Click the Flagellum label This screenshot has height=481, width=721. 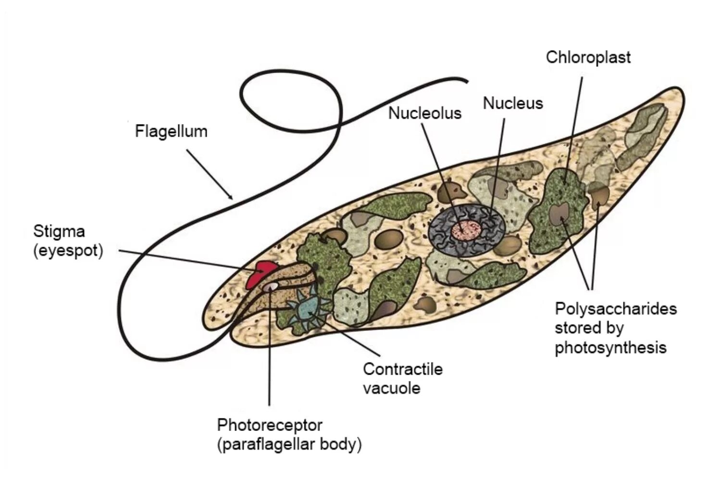[171, 131]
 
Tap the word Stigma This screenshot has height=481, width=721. [59, 231]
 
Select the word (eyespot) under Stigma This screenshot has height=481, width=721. [68, 251]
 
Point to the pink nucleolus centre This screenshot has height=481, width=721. [466, 230]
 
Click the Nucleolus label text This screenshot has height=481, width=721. [424, 114]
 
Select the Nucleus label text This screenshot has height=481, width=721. [512, 103]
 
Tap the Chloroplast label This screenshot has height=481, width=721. [588, 57]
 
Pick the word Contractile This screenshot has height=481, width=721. [402, 369]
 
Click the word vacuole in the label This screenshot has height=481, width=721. [391, 389]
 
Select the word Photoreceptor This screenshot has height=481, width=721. [269, 425]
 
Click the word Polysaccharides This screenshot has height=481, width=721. [615, 308]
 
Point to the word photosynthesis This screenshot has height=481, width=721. [610, 348]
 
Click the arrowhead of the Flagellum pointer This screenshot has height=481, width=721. [231, 197]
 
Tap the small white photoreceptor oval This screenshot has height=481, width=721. [271, 287]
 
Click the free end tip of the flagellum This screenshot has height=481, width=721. [466, 81]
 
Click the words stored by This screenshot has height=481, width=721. [589, 328]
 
